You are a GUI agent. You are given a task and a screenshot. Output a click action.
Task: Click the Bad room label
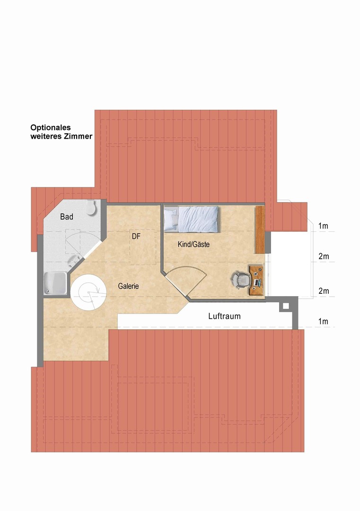tap(67, 217)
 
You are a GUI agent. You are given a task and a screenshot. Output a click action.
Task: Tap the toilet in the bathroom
tap(92, 207)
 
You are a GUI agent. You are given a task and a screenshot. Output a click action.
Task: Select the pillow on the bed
tap(170, 219)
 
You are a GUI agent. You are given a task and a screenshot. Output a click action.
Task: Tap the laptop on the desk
tap(257, 282)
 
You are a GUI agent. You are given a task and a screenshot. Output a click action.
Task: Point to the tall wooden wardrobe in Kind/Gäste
tap(259, 229)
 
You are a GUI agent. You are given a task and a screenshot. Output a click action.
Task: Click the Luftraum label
tap(224, 316)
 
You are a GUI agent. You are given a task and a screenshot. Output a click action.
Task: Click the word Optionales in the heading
tap(50, 127)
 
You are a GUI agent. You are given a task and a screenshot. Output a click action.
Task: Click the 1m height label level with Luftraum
tap(324, 322)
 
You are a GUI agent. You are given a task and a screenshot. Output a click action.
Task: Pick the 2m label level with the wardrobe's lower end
tap(324, 256)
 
